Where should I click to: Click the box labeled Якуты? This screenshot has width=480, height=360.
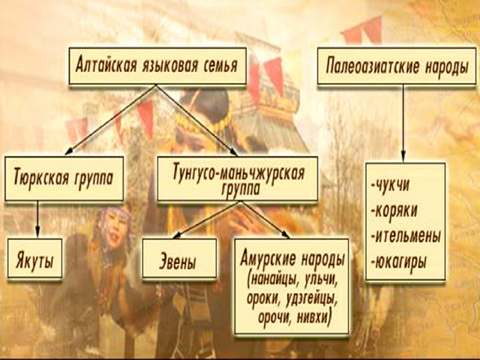coord(35,259)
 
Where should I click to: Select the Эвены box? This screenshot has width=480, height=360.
coord(179,259)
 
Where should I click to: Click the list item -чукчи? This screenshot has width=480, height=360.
coord(390,185)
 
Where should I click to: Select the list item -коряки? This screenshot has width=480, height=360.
coord(394,211)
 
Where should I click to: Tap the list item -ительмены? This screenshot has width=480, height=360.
coord(406,236)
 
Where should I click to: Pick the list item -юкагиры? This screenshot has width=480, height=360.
coord(398,262)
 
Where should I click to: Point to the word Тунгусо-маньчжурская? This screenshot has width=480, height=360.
coord(238,172)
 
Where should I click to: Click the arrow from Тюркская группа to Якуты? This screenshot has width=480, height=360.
coord(38,219)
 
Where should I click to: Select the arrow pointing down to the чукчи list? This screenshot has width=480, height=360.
coord(403,123)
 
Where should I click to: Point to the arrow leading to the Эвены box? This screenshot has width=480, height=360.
coord(208,220)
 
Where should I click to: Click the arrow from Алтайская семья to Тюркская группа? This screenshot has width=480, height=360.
coord(111,119)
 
